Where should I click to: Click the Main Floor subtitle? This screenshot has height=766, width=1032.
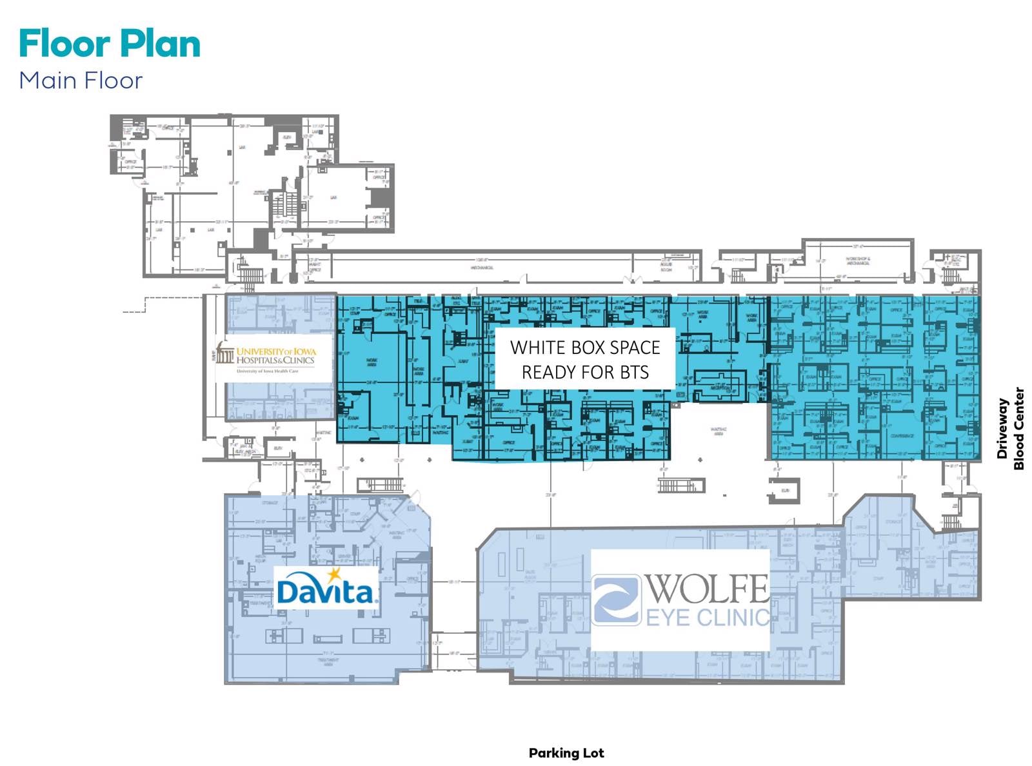[x=81, y=81]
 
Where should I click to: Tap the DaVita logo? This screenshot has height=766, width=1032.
[x=326, y=588]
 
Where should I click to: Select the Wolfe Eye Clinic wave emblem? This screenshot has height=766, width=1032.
[x=615, y=600]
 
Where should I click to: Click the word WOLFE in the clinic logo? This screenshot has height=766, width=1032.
[x=707, y=587]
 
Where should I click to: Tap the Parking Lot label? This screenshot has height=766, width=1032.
[x=566, y=752]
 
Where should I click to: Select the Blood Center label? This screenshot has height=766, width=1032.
[x=1018, y=428]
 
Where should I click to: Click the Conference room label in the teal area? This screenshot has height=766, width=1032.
[x=901, y=436]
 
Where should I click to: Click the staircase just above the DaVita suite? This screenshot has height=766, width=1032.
[x=381, y=484]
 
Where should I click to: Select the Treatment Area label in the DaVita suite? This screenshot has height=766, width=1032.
[x=328, y=662]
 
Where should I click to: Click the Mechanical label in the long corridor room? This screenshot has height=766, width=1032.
[x=482, y=267]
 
